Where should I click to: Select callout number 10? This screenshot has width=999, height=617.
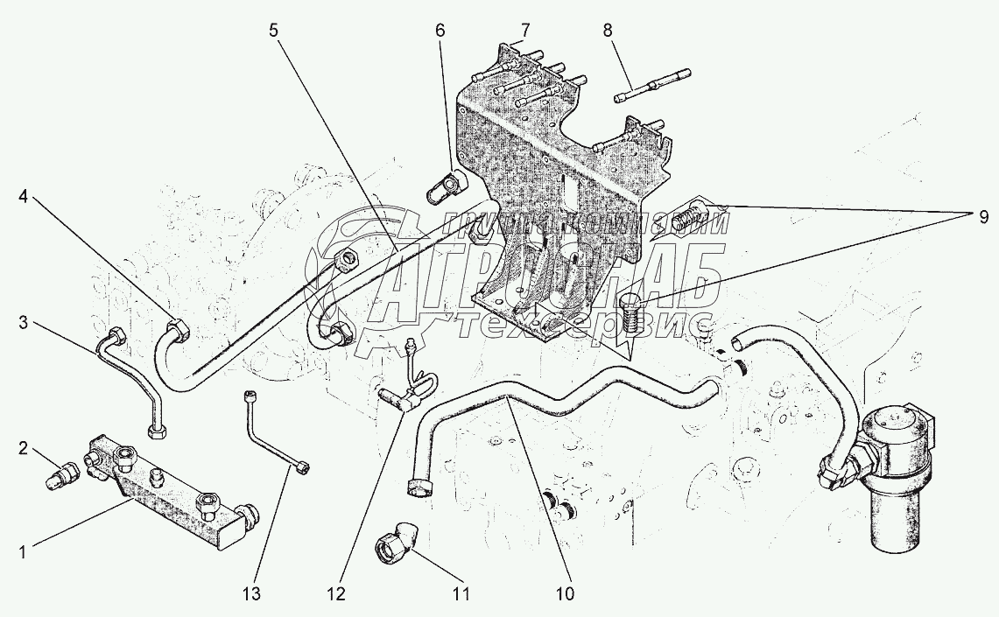[565, 593]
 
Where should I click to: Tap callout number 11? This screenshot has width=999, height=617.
[461, 593]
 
